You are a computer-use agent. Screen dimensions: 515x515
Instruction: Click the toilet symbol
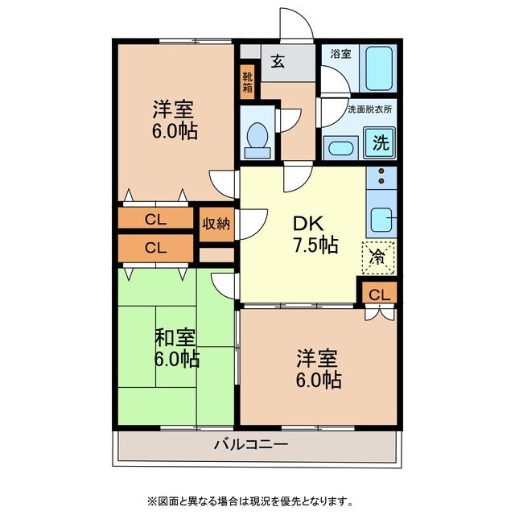click(258, 138)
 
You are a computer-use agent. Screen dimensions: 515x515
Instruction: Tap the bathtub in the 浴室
click(377, 68)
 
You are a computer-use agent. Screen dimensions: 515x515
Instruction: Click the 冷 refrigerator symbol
click(377, 257)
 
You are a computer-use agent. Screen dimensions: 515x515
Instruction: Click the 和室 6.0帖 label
click(176, 348)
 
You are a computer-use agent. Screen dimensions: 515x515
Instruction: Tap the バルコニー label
click(250, 443)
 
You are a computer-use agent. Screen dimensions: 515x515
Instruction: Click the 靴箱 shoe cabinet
click(248, 82)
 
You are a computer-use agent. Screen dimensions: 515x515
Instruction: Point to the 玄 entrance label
click(277, 61)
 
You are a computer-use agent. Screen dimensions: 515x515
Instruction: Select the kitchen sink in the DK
click(382, 218)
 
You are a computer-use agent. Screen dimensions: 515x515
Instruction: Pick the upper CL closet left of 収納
click(157, 219)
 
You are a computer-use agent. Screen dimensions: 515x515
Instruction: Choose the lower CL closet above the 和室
click(157, 248)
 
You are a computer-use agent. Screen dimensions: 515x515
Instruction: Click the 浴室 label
click(340, 54)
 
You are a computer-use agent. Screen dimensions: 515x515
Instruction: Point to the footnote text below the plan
click(257, 501)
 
